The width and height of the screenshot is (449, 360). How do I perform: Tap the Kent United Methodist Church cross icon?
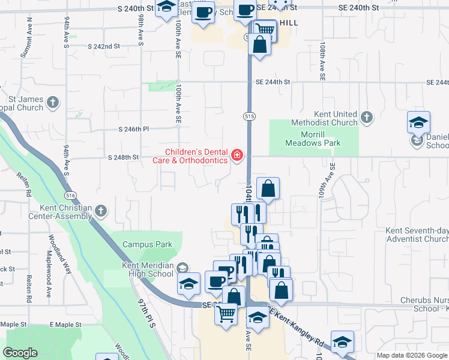(367, 116)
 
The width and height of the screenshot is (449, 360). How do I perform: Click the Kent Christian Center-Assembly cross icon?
(101, 211)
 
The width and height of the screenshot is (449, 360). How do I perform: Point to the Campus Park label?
(147, 244)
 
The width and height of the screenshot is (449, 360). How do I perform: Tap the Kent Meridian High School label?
(148, 270)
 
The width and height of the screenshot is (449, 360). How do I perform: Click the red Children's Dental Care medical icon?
(237, 156)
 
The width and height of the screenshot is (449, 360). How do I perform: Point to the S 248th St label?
(123, 157)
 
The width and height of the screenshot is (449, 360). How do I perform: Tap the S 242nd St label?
(104, 46)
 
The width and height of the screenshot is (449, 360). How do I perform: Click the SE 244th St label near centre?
(273, 82)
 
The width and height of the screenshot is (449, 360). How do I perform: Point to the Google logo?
(20, 353)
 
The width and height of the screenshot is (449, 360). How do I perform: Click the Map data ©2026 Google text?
(411, 355)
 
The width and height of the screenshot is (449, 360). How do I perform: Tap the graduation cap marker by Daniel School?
(418, 122)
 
